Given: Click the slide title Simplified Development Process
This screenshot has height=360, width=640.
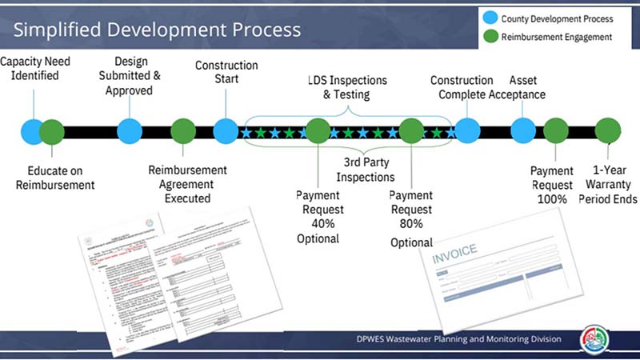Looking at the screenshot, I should click(x=157, y=30).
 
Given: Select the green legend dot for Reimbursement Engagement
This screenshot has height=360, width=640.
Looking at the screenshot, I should click(x=489, y=37).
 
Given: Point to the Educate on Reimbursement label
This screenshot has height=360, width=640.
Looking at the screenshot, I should click(x=54, y=178).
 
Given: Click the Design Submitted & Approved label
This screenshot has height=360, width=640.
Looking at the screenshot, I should click(x=131, y=76).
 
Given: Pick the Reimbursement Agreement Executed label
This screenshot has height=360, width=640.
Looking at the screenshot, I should click(x=188, y=184).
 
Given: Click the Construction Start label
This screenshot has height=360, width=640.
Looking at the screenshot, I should click(x=226, y=72).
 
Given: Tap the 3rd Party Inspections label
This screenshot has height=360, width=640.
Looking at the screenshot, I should click(x=365, y=170).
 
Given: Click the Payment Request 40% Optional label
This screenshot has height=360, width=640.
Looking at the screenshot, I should click(x=318, y=216).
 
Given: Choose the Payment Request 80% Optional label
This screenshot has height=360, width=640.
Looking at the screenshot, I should click(x=411, y=218).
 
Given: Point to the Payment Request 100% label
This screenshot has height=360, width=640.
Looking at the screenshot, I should click(x=552, y=184).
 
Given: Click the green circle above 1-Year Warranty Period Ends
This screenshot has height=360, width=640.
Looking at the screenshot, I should click(x=608, y=130).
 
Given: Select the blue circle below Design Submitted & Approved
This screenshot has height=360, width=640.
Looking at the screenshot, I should click(x=130, y=130).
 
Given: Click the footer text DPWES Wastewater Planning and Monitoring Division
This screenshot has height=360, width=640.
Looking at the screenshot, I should click(x=458, y=339).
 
